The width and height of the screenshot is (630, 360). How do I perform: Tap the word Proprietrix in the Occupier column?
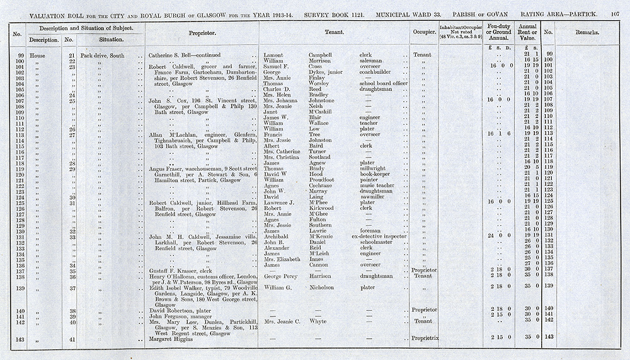coord(425,339)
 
